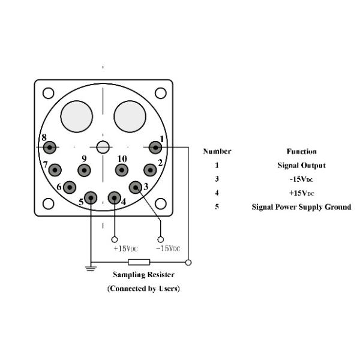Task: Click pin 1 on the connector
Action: click(x=155, y=146)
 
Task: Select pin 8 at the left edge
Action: click(x=50, y=147)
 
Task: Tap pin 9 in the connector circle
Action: click(x=85, y=170)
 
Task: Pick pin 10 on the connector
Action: click(x=122, y=170)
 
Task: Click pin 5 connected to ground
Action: click(x=91, y=197)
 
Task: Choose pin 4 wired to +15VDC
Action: click(x=114, y=197)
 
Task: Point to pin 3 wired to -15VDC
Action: click(x=136, y=188)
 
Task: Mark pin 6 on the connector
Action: click(x=70, y=187)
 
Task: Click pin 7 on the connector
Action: click(x=55, y=169)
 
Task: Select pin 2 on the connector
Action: click(x=149, y=169)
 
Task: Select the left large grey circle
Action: click(x=77, y=114)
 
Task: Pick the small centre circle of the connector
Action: click(x=103, y=146)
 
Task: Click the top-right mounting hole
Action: click(x=160, y=93)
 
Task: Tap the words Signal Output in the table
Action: click(x=301, y=165)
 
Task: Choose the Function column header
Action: click(x=301, y=151)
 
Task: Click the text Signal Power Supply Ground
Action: click(x=301, y=207)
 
